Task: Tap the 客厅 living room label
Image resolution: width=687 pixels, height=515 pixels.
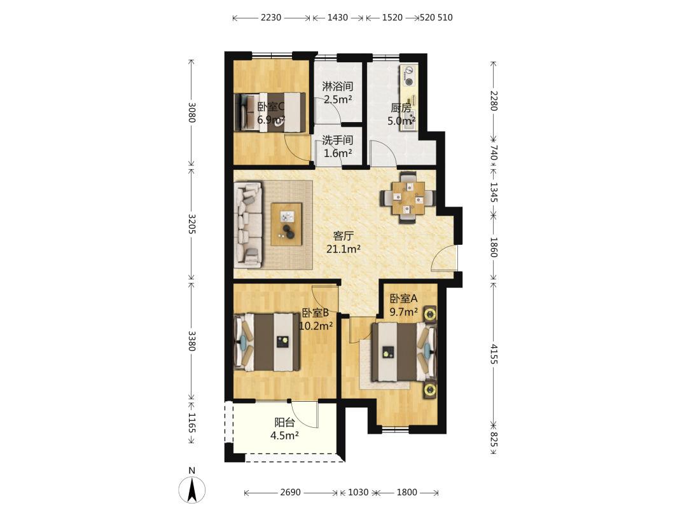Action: pos(343,236)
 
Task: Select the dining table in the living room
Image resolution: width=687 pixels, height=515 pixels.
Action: pos(409,198)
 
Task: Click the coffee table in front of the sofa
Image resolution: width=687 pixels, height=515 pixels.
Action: pos(286,224)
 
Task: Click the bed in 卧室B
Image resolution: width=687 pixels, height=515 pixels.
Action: pos(267,341)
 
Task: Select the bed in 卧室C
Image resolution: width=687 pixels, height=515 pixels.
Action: pos(270,112)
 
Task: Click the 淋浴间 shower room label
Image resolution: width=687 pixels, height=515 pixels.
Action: pos(337,86)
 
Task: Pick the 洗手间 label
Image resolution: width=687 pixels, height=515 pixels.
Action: pos(337,140)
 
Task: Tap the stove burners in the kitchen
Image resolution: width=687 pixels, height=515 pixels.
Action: pos(409,76)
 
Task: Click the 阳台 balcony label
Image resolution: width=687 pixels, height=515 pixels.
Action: pos(284,423)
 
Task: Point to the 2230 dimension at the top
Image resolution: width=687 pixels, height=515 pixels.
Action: pos(271,18)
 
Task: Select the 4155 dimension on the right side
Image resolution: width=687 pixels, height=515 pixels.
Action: pos(494,354)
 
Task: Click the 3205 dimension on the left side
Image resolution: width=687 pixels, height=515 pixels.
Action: pos(191,223)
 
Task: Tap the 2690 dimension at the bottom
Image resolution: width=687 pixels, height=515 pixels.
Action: pos(291,492)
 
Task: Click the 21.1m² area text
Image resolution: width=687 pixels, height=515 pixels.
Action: pos(343,249)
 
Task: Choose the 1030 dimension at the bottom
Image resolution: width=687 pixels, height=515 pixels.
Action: pos(358,492)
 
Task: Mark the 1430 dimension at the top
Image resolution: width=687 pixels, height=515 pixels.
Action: pos(337,18)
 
